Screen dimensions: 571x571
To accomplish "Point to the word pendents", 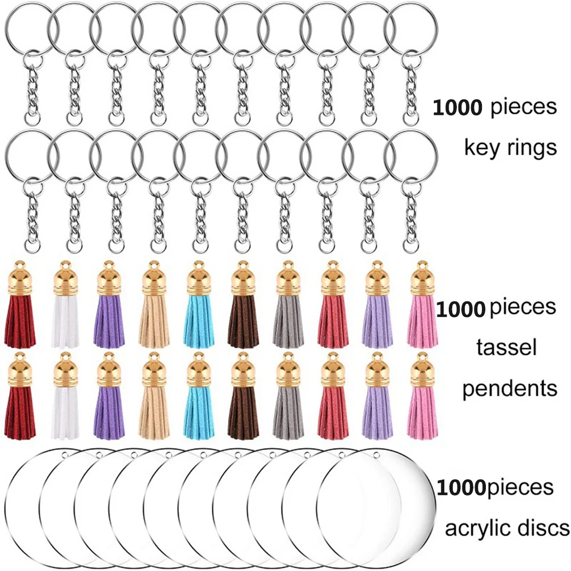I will [509, 389].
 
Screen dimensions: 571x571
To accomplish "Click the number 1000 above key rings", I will [459, 107].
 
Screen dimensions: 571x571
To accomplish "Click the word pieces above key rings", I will [524, 107].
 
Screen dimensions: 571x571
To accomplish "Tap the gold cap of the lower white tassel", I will [65, 369].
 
